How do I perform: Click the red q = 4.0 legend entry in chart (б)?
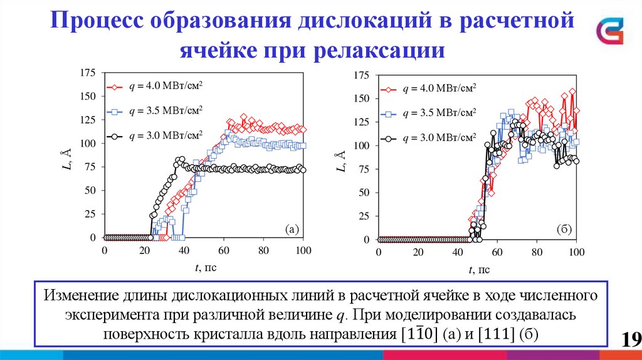tap(430, 89)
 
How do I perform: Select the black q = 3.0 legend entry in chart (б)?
tap(430, 138)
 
